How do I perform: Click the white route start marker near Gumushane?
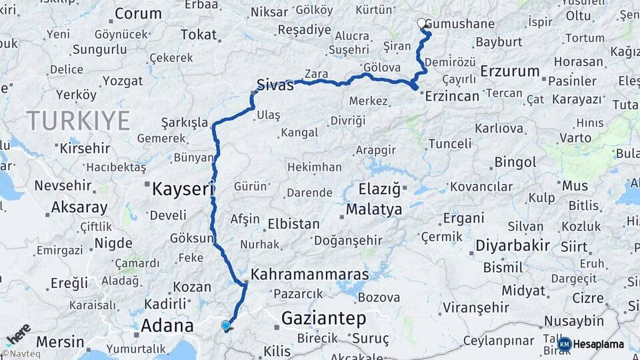coord(421,23)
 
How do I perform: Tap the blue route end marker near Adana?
coord(226,326)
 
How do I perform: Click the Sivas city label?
coord(276,85)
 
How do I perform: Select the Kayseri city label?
coord(181,189)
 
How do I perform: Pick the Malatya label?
coord(374,210)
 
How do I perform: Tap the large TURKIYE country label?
coord(78,121)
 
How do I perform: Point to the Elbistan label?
coord(293,224)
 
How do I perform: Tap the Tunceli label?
coord(449,143)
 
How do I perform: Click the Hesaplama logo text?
coord(599,344)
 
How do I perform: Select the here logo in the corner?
coord(18,334)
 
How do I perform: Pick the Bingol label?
coord(515,162)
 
